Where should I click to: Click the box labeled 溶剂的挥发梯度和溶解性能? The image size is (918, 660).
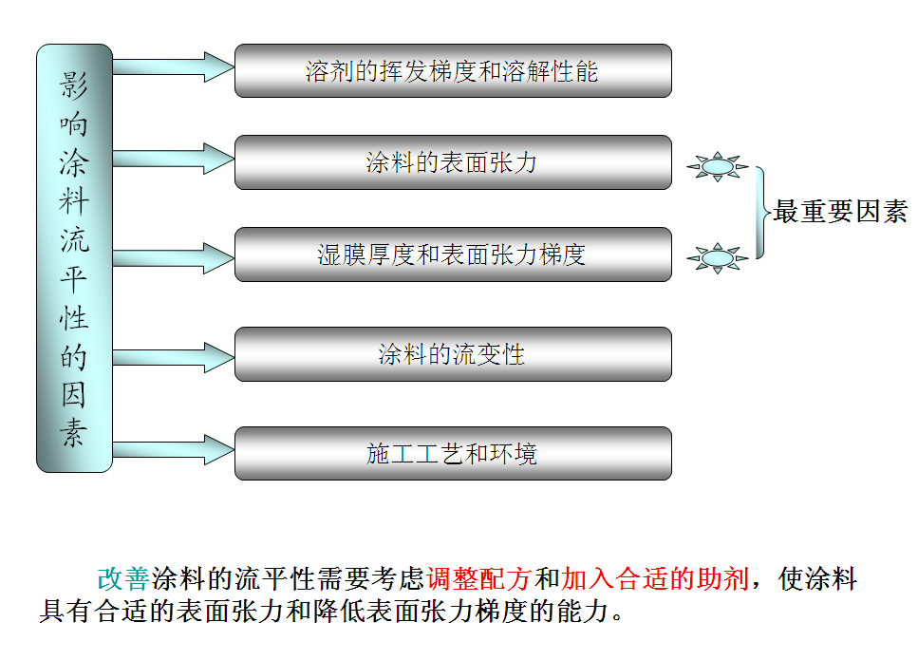(x=453, y=71)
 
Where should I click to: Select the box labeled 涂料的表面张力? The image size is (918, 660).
(x=453, y=162)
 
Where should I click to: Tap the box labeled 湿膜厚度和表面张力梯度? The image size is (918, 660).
(x=453, y=255)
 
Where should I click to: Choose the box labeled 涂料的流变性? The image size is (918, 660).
(x=453, y=355)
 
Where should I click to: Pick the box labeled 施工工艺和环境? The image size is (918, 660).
(x=453, y=454)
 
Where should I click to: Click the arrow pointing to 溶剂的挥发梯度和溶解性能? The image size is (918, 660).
(x=174, y=66)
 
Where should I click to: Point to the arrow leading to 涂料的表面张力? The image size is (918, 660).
(x=174, y=158)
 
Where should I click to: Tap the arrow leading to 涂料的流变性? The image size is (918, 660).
(x=174, y=357)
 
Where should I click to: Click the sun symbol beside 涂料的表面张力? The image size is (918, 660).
(x=718, y=168)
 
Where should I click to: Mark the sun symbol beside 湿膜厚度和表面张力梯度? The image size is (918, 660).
(x=718, y=256)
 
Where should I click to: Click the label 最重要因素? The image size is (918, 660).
(x=840, y=212)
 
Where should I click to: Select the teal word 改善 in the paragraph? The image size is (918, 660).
(x=122, y=579)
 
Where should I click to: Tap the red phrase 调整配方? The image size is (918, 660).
(x=480, y=579)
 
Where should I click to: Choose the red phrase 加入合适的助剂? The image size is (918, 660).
(x=655, y=579)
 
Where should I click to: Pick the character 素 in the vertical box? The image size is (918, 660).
(x=74, y=432)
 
